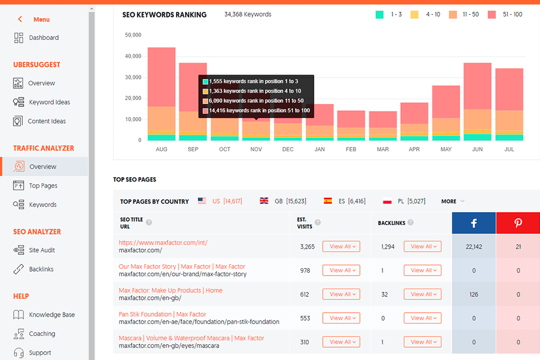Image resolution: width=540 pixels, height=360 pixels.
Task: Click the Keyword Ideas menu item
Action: [49, 102]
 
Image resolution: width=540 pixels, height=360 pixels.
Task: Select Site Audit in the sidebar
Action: [42, 250]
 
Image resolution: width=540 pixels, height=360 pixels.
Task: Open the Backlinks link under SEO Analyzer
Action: [41, 269]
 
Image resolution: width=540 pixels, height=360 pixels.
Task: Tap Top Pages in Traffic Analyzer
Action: [43, 186]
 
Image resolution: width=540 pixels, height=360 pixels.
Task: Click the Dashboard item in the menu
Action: [43, 38]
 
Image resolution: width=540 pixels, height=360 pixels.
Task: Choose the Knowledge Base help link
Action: [51, 315]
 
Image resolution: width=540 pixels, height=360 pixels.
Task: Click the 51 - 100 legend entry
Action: [505, 15]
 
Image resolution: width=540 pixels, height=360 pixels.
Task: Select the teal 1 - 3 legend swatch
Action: [380, 15]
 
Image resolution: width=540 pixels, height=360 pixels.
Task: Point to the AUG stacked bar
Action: [161, 93]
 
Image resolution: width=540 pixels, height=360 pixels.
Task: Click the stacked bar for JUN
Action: [478, 101]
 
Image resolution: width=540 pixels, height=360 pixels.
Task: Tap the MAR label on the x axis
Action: [382, 150]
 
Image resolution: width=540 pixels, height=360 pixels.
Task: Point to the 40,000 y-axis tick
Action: [133, 56]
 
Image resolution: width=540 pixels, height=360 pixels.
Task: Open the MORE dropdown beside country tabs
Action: [453, 201]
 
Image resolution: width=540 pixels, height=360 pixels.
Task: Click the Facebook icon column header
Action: [474, 223]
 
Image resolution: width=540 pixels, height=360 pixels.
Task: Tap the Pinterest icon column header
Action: [517, 223]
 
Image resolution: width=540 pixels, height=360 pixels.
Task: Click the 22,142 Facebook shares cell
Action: [474, 246]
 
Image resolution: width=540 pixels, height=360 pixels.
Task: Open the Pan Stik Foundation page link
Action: [162, 314]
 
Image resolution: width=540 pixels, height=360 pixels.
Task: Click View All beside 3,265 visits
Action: [341, 246]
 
